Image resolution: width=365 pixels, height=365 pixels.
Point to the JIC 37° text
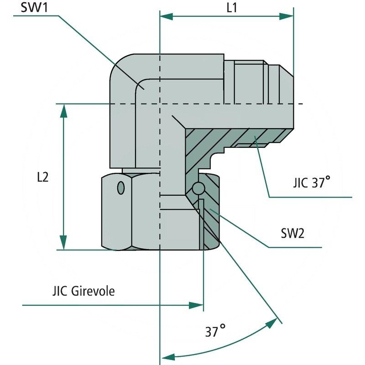point(312,183)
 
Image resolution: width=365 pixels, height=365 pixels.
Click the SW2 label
point(293,234)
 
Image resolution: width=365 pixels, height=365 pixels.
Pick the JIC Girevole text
point(83,291)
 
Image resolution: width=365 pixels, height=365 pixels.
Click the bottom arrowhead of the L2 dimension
point(63,244)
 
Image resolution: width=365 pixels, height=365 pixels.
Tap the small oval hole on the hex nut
point(120,188)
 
